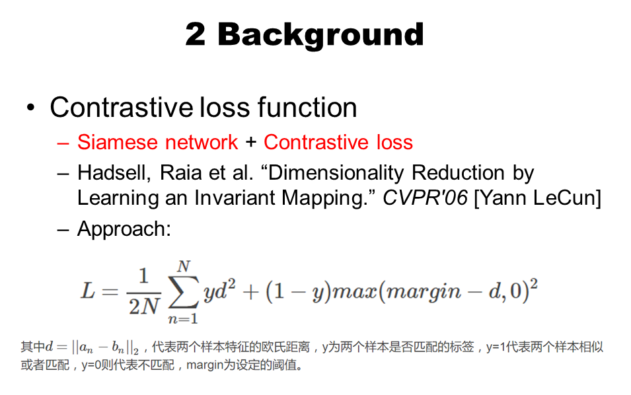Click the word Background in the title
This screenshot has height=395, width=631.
pos(320,34)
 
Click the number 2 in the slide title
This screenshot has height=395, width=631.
pos(195,34)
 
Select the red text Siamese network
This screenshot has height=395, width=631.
pos(157,142)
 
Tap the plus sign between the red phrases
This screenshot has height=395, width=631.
pos(250,143)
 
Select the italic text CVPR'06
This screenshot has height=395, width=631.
pos(426,198)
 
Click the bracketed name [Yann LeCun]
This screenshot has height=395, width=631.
pos(537,198)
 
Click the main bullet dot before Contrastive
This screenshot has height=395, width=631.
pos(31,108)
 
